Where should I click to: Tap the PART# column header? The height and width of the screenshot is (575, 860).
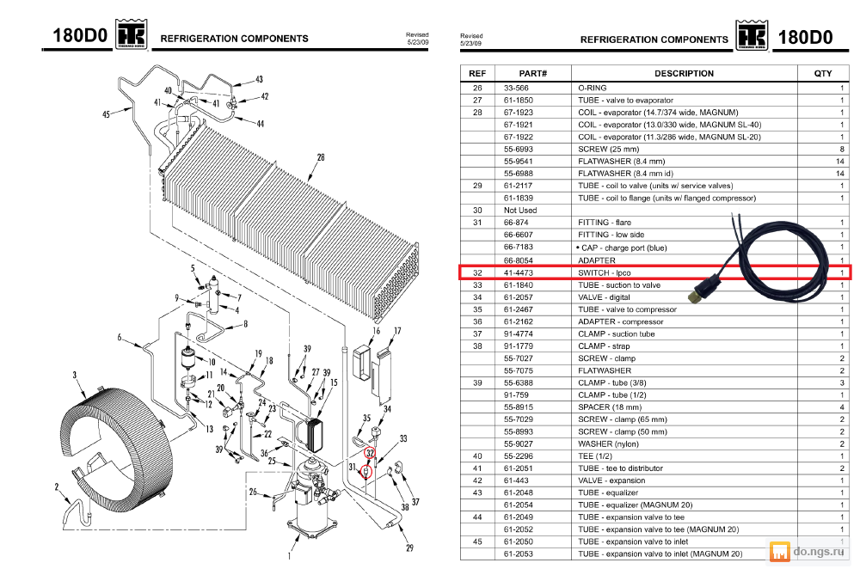click(532, 73)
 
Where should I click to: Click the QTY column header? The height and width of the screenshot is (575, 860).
click(822, 73)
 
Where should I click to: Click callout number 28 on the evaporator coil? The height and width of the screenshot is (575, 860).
click(320, 157)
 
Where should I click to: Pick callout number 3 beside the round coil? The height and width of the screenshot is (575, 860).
click(75, 375)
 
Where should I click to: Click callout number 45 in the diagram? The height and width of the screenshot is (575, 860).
click(106, 113)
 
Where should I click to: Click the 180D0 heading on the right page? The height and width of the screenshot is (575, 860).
click(805, 37)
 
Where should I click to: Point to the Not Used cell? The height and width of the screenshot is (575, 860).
click(519, 210)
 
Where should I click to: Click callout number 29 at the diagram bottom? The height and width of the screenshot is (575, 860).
click(409, 548)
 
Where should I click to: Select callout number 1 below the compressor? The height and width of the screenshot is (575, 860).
click(289, 555)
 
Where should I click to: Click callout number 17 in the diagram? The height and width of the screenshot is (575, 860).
click(397, 331)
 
